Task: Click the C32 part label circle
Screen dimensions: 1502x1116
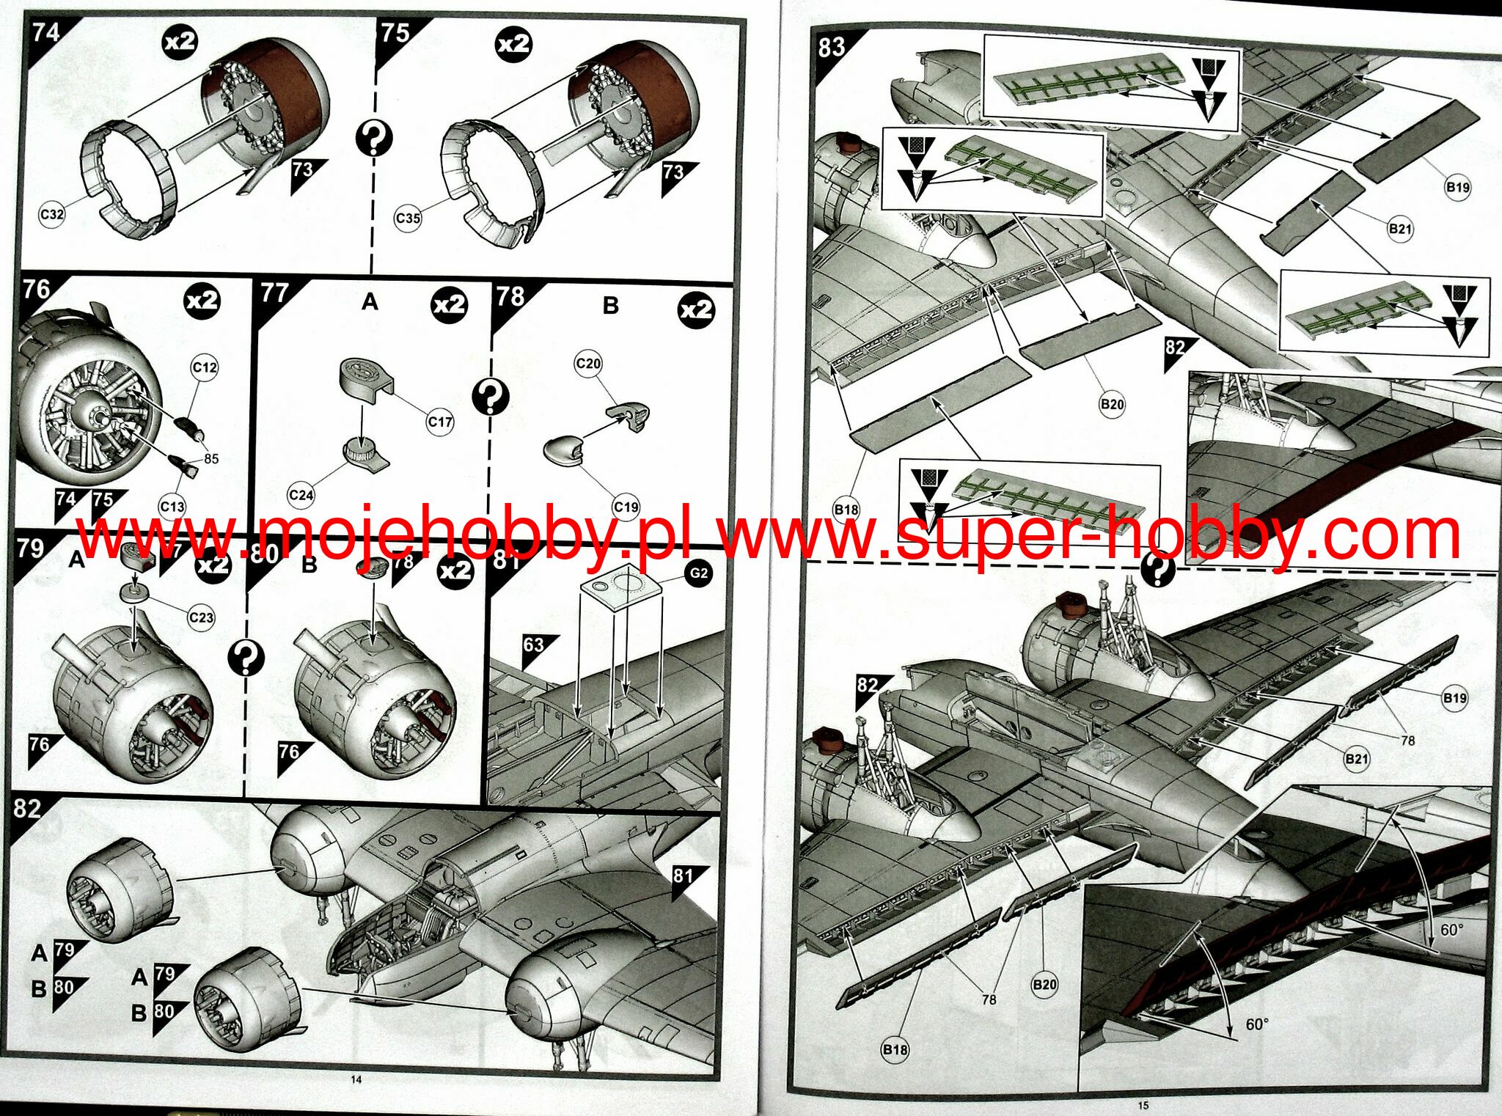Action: (51, 215)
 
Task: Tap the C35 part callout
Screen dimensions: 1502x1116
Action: (408, 218)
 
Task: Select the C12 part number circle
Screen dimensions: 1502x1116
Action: (205, 367)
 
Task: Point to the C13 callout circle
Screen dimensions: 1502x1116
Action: (172, 506)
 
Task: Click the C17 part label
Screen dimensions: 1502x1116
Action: (440, 422)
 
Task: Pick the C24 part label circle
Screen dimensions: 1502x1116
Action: (301, 495)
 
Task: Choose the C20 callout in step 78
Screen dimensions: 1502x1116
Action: (588, 363)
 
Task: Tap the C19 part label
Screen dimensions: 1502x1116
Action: (626, 507)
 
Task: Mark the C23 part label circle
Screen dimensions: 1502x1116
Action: (201, 617)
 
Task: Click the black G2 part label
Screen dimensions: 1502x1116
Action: (699, 573)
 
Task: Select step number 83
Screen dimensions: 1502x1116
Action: (832, 47)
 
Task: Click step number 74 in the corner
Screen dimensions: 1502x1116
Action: (45, 32)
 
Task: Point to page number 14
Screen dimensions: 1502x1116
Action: (356, 1079)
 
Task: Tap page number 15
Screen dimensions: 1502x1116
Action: (1143, 1105)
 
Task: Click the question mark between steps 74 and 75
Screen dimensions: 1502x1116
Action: (374, 137)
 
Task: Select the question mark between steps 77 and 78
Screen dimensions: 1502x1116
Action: (491, 397)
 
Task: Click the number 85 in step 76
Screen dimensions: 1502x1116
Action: (211, 459)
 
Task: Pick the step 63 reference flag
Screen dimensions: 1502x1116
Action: (536, 648)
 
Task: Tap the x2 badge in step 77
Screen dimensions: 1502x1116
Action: (450, 304)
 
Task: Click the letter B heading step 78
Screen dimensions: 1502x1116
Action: (610, 305)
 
